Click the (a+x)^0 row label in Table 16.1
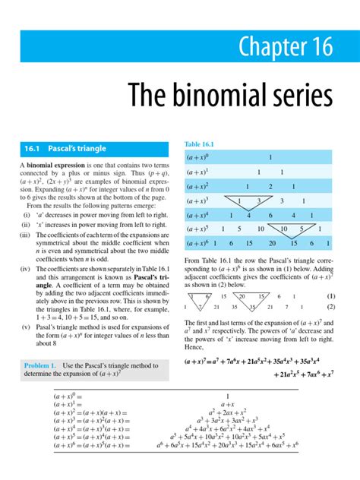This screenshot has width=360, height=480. (198, 158)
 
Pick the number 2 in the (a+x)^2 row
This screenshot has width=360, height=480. (270, 187)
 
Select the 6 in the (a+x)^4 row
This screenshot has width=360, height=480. (270, 215)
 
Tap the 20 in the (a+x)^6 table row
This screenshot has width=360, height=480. (271, 243)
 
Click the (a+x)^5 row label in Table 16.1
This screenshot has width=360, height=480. (198, 229)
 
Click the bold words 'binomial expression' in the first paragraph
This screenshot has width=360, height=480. (57, 165)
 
